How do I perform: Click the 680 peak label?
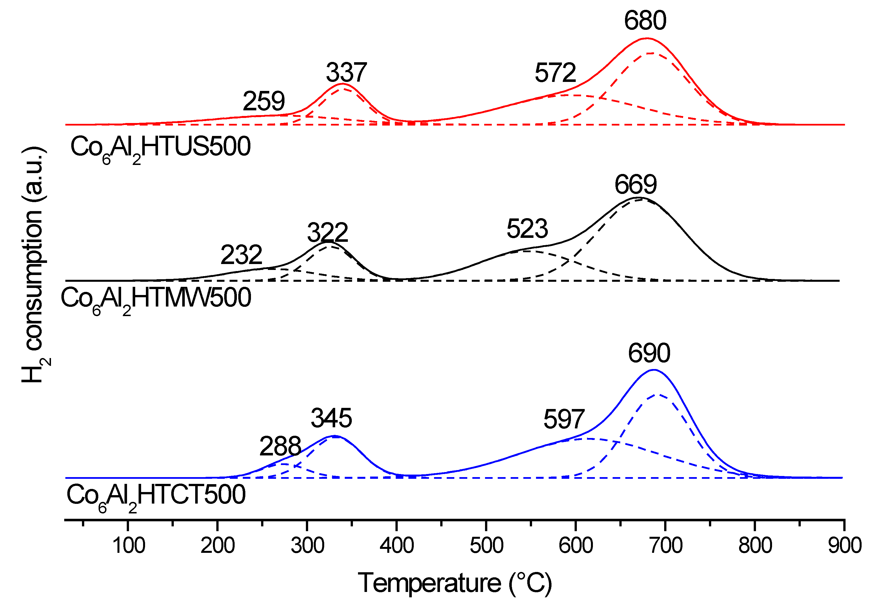645,21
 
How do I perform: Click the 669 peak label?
636,185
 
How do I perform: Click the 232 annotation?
241,255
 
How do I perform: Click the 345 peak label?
332,418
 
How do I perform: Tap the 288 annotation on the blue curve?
280,446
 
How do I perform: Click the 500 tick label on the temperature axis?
486,546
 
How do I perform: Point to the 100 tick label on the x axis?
129,546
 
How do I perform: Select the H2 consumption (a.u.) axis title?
35,264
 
